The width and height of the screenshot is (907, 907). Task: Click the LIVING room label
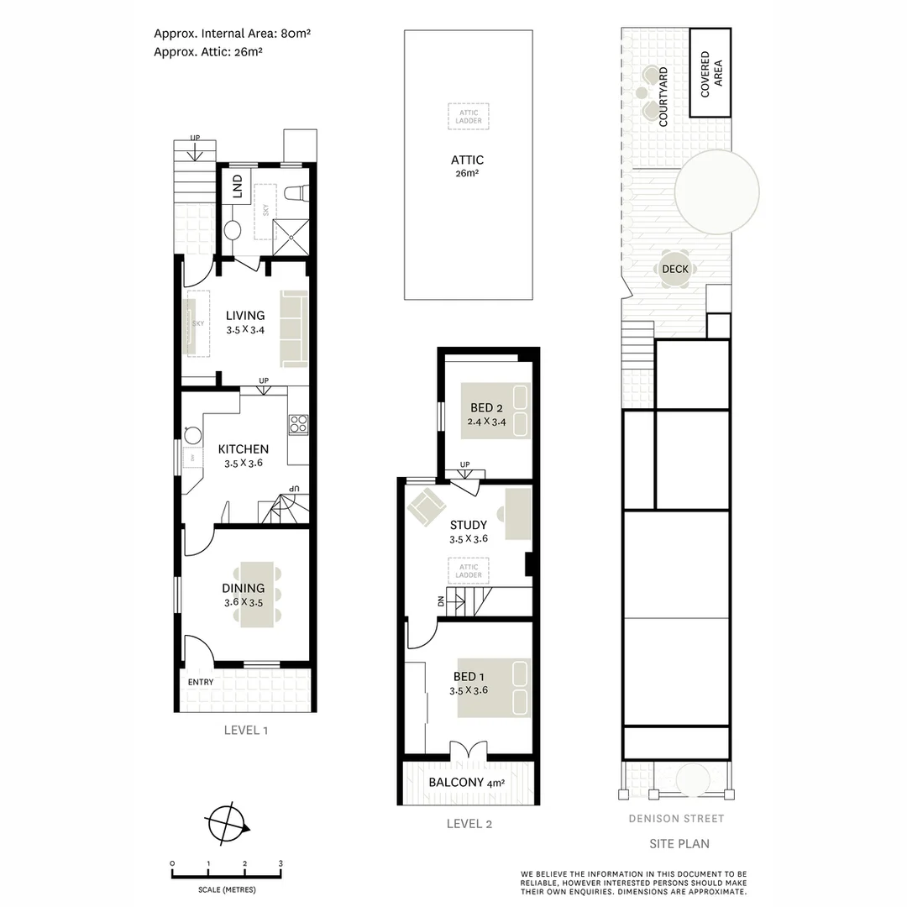[x=245, y=316]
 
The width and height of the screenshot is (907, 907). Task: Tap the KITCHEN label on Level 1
[x=243, y=449]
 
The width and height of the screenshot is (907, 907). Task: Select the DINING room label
[x=244, y=588]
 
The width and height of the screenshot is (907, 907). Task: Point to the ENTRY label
[x=201, y=682]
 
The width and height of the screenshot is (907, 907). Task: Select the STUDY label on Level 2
[x=469, y=526]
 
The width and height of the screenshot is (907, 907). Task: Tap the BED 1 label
[x=469, y=677]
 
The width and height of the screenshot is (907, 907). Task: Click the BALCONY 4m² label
[x=467, y=783]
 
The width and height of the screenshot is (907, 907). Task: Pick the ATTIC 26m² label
[x=468, y=160]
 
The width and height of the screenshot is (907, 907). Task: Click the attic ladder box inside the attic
[x=469, y=116]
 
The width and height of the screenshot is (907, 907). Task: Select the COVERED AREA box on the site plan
[x=710, y=73]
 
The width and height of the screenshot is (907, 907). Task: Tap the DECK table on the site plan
[x=675, y=270]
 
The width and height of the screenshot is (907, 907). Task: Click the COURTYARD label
[x=663, y=97]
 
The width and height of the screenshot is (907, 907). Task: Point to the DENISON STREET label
[x=676, y=819]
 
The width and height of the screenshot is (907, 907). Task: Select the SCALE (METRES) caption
[x=228, y=889]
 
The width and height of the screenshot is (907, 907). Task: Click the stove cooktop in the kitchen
[x=298, y=424]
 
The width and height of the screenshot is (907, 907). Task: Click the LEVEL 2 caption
[x=469, y=824]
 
